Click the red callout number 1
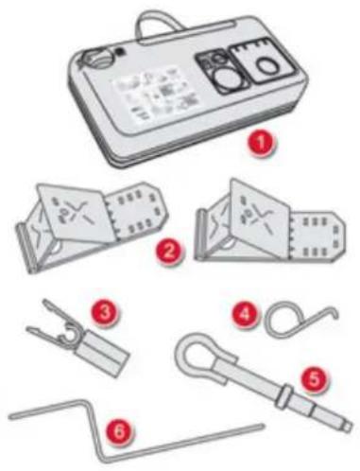261,142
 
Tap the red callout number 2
168,252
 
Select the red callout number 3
105,311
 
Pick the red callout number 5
314,379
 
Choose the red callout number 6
119,431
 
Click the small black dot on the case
119,51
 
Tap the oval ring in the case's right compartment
267,67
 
